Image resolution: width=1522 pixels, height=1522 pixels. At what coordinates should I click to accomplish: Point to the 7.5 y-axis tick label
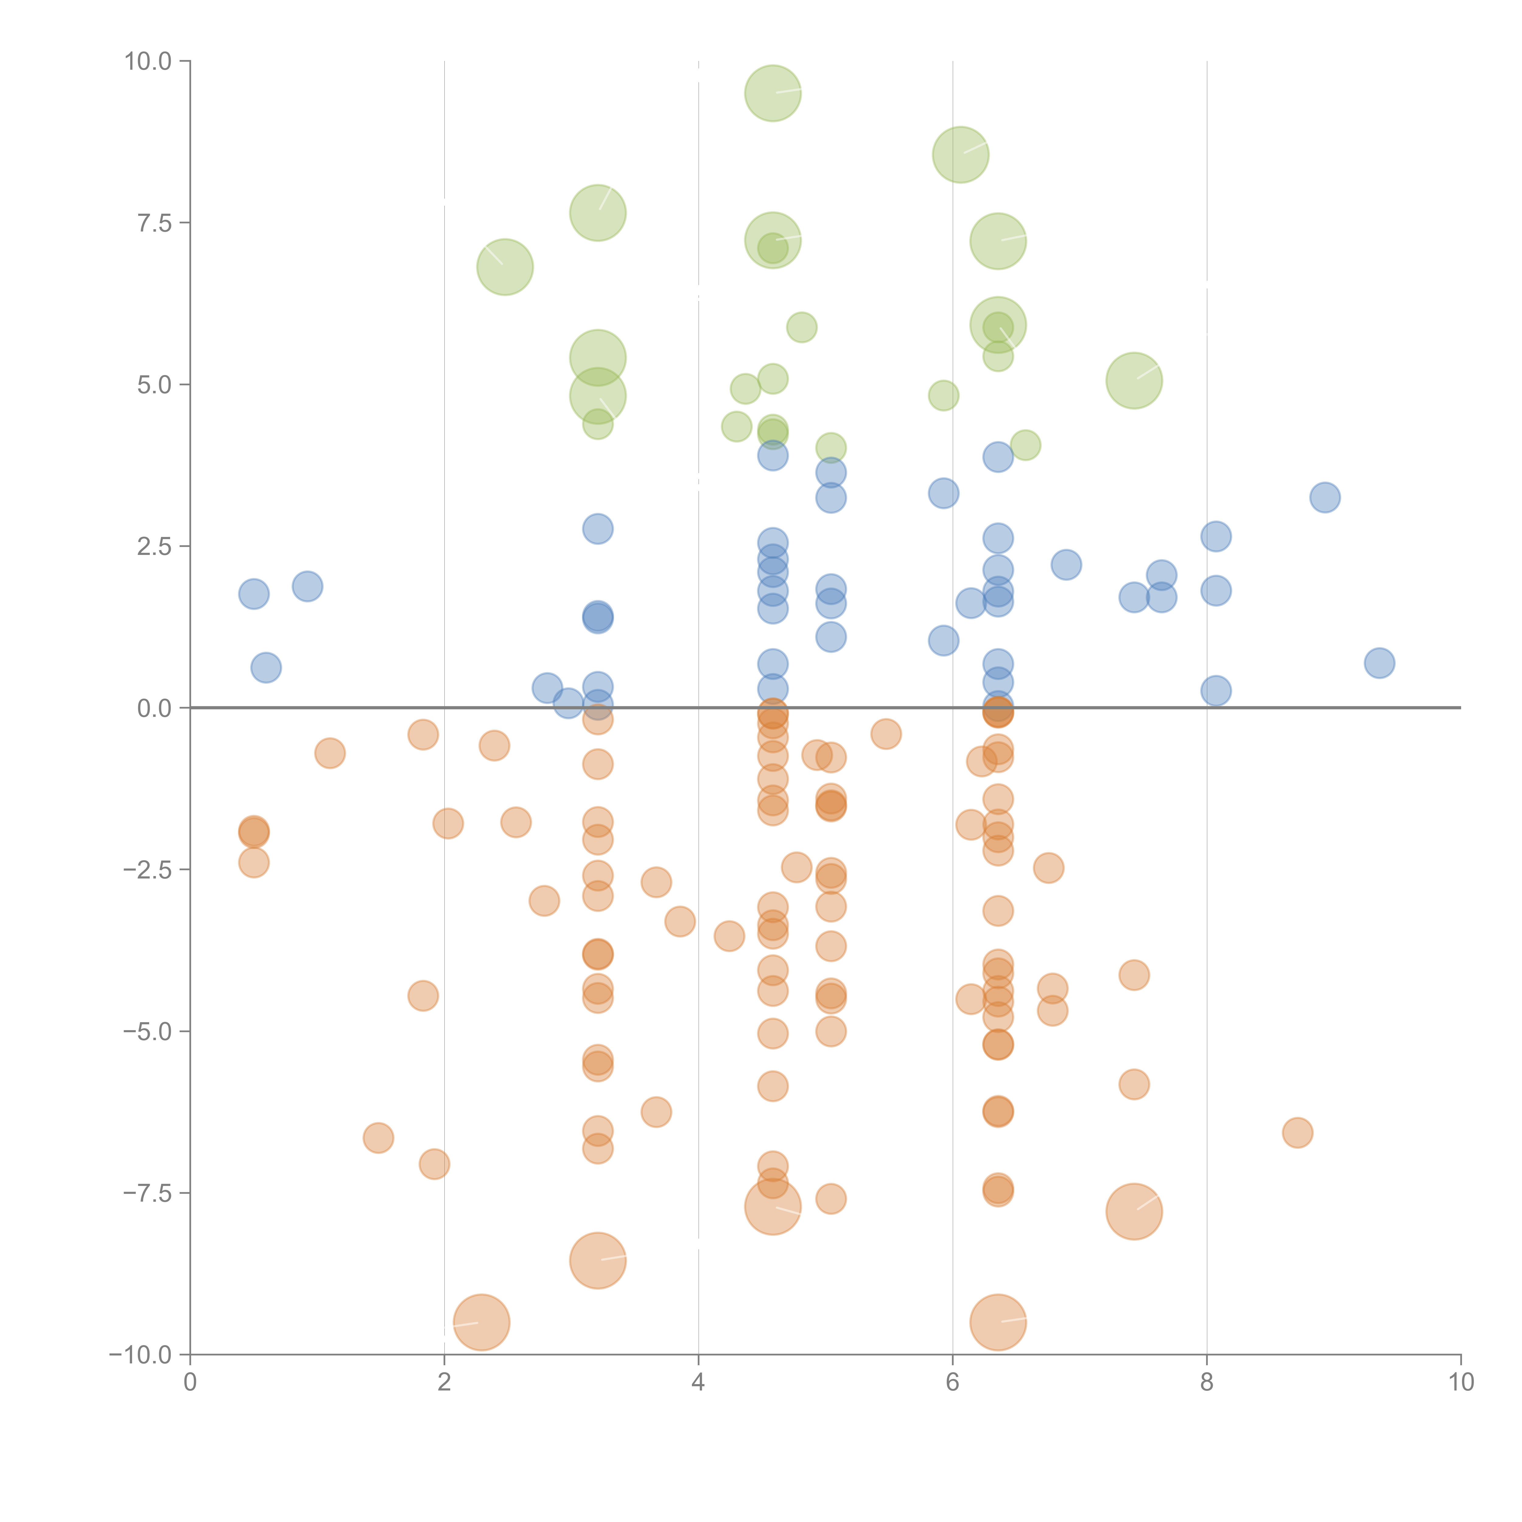point(154,224)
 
